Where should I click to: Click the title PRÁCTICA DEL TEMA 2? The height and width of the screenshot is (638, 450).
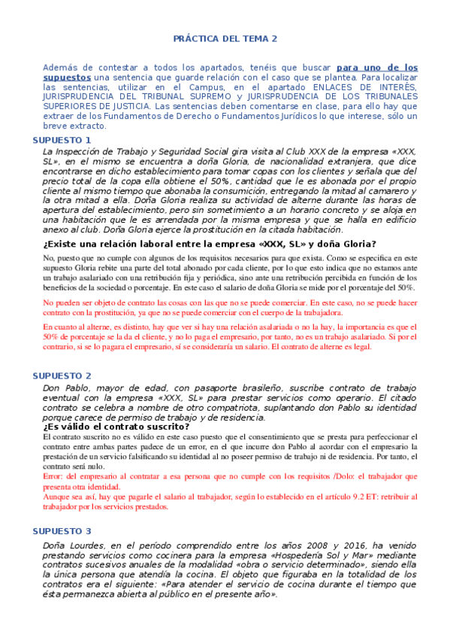point(225,38)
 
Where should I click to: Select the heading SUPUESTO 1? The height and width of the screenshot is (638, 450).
point(62,141)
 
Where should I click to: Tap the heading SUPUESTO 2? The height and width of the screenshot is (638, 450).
point(62,375)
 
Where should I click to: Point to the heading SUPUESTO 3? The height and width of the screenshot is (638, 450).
point(62,531)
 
